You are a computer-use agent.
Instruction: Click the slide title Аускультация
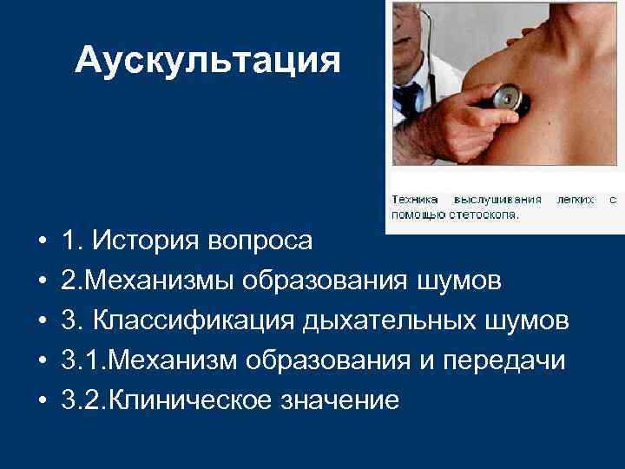point(207,60)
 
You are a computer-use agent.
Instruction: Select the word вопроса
point(264,240)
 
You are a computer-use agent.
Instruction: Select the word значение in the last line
point(346,400)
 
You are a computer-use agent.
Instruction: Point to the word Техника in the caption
point(413,199)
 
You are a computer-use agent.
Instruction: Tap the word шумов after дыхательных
point(530,320)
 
